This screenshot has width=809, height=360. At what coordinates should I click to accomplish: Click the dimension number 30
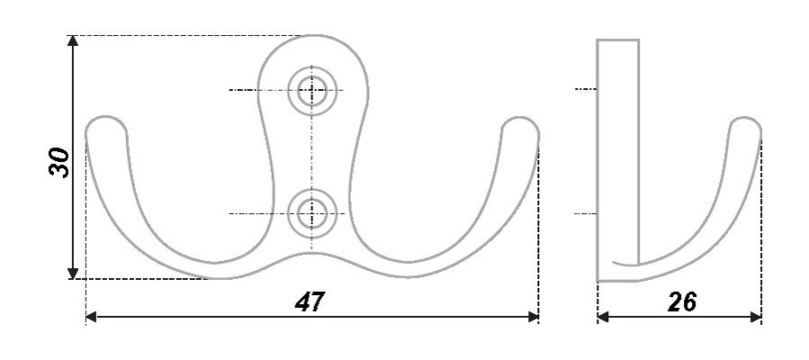(59, 163)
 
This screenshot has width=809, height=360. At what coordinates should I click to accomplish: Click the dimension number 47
(310, 301)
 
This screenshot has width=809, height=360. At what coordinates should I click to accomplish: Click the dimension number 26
(681, 301)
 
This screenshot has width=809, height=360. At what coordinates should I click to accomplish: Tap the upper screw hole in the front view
(312, 90)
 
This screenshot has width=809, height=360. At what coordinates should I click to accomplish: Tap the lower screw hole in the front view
(312, 213)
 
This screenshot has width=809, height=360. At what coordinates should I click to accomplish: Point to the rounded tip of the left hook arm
(106, 125)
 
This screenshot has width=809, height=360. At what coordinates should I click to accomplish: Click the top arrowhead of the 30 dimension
(73, 40)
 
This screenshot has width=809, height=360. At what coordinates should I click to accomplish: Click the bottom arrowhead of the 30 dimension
(73, 274)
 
